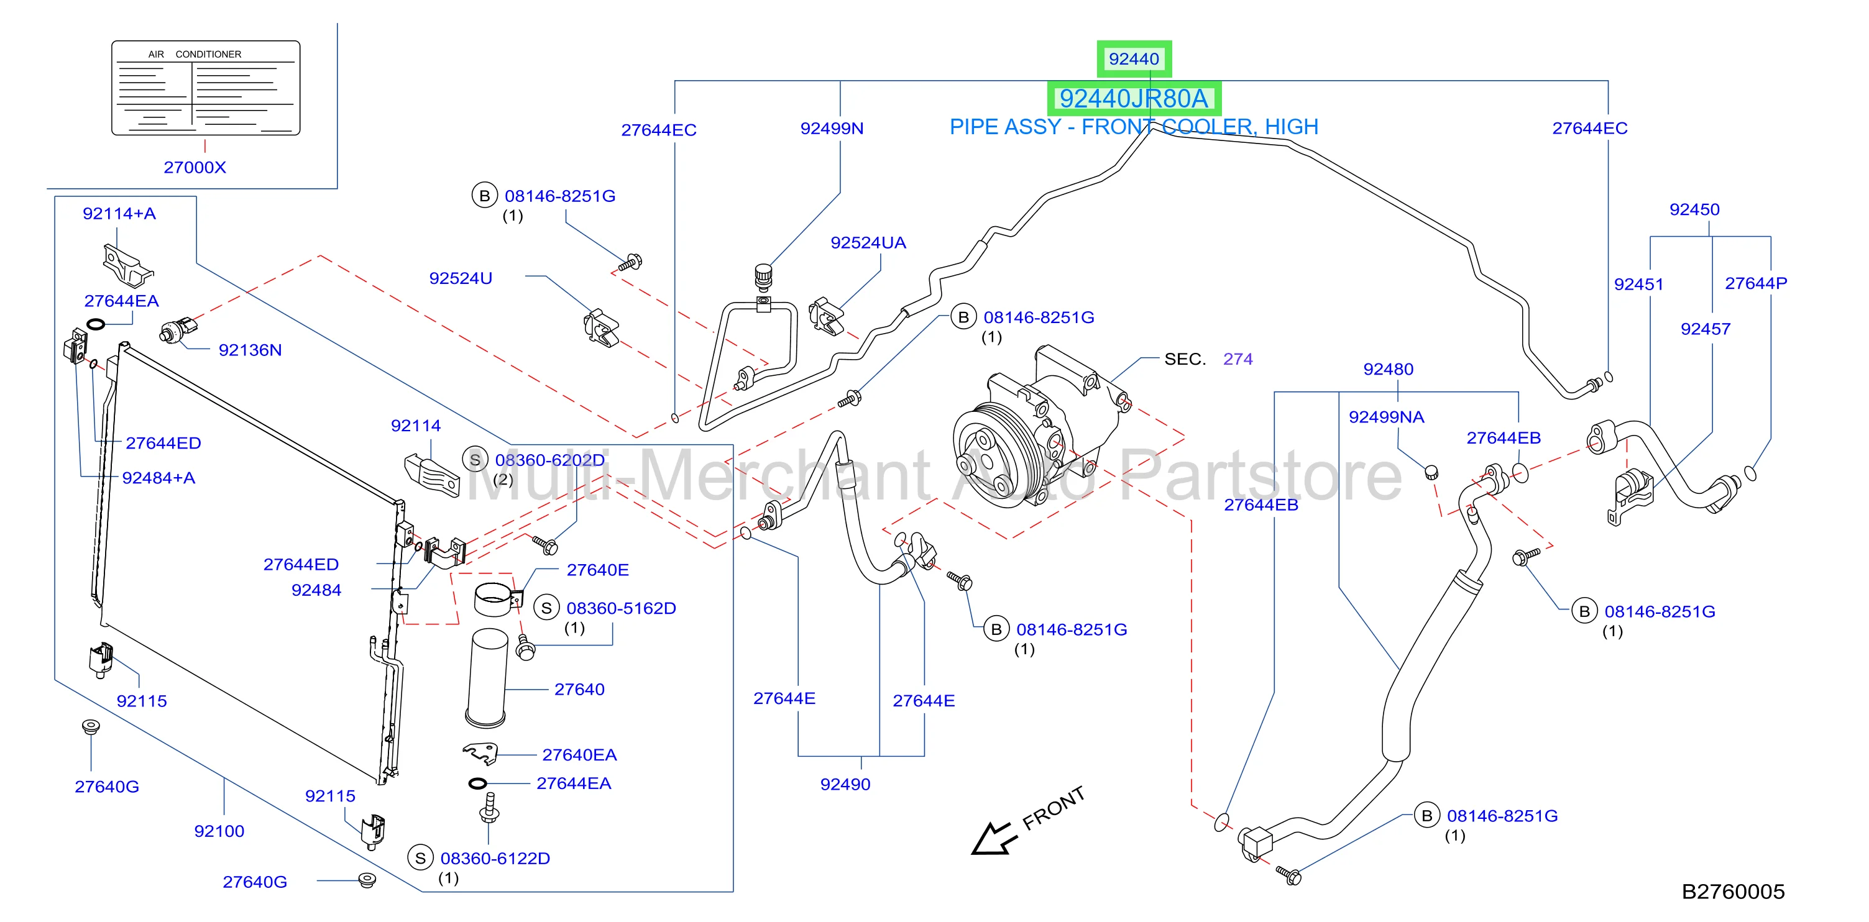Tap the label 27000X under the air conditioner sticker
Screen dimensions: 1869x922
coord(195,168)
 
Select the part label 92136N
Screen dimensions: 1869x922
coord(250,350)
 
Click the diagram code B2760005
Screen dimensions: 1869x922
coord(1733,892)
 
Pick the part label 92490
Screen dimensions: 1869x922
coord(845,784)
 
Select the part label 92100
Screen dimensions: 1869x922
coord(219,831)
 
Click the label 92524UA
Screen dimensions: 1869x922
coord(868,243)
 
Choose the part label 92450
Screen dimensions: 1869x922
coord(1694,209)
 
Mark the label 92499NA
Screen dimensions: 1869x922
coord(1386,417)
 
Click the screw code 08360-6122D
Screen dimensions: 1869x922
coord(495,859)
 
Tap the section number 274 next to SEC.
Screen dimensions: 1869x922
coord(1238,359)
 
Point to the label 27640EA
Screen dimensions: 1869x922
coord(579,755)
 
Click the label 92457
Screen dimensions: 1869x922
coord(1705,329)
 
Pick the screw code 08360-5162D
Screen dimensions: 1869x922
coord(621,609)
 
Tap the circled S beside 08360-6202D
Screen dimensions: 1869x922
coord(475,460)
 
